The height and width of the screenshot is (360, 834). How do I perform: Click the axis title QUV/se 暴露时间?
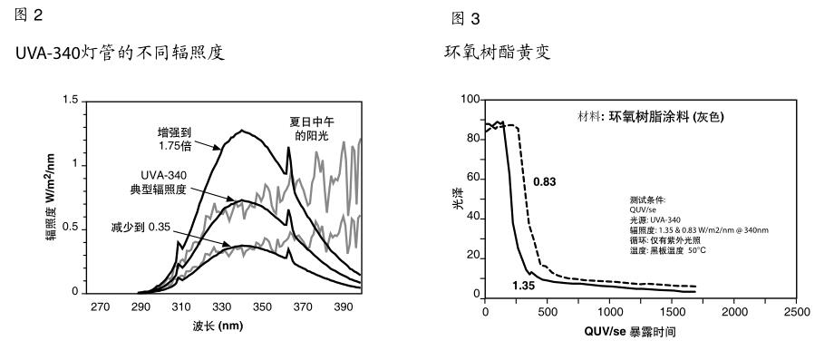629,333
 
